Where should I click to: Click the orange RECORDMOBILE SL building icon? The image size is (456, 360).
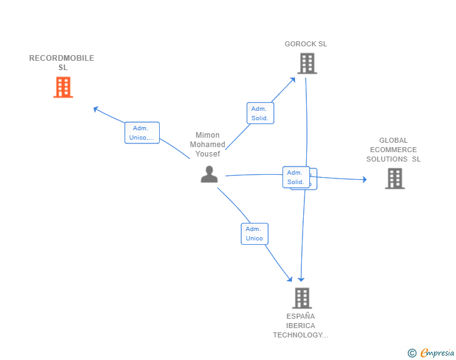(63, 88)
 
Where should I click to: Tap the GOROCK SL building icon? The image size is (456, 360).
(306, 63)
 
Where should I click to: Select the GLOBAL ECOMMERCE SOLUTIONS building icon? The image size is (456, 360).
(394, 178)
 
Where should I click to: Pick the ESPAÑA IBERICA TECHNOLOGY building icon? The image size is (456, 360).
(301, 298)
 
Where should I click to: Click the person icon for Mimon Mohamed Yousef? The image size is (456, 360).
(209, 174)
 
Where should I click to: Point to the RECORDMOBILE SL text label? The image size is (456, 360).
(61, 63)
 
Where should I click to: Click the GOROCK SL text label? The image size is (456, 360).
(306, 44)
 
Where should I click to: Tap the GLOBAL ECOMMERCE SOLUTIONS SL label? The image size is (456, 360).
(393, 150)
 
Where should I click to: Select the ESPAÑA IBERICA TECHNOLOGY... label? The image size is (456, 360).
(300, 326)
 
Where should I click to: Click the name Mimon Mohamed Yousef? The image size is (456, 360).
(208, 145)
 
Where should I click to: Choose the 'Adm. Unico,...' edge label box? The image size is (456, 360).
(142, 133)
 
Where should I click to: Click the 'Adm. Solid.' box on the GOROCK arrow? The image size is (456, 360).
(259, 113)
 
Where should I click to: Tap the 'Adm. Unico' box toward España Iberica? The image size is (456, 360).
(254, 234)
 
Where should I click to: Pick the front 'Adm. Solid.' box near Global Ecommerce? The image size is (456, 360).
(295, 177)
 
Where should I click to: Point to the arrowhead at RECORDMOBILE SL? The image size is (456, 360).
(95, 109)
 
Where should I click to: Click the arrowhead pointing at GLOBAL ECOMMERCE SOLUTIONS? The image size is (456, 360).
(364, 180)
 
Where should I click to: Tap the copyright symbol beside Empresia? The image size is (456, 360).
(412, 354)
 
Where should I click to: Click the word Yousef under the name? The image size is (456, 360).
(208, 154)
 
